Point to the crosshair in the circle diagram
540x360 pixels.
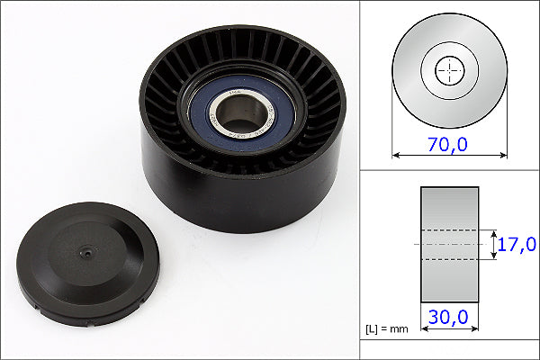[x=449, y=70]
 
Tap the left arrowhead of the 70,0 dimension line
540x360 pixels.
[x=396, y=155]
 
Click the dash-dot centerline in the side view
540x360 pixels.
[x=449, y=244]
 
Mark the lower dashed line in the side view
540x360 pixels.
[x=449, y=260]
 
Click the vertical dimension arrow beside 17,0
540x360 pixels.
[x=494, y=244]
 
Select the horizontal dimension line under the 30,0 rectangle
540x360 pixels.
[x=449, y=329]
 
